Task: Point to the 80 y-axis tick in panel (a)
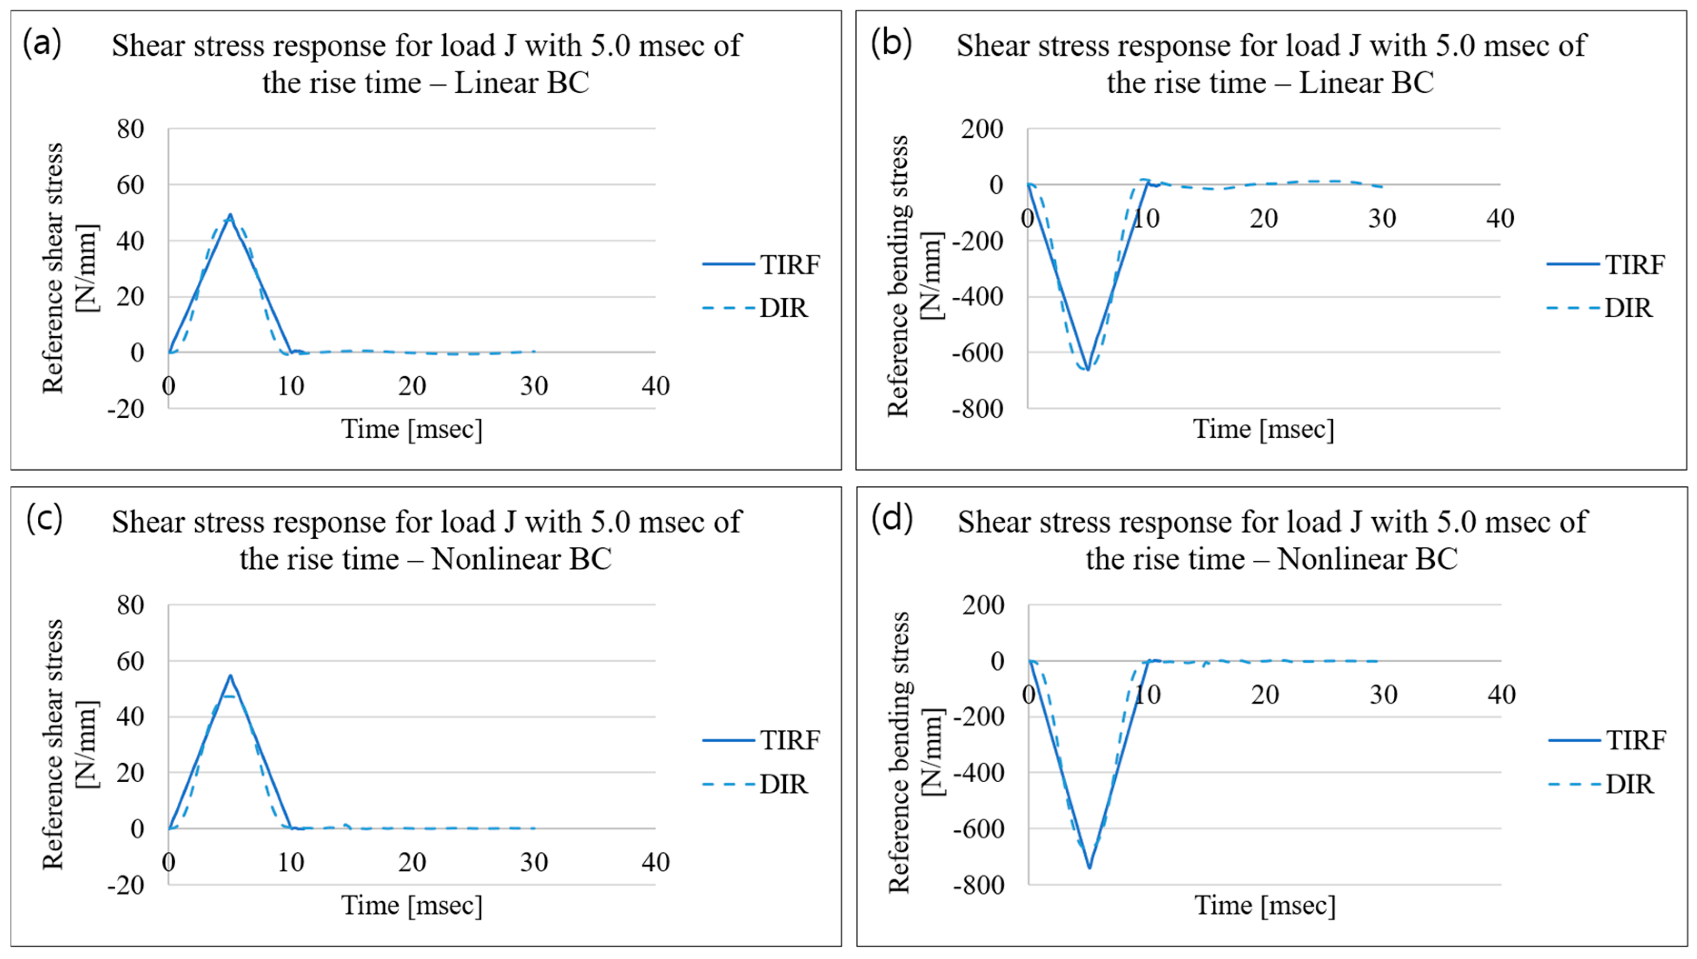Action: point(130,129)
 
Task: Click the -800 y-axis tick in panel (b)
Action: point(978,409)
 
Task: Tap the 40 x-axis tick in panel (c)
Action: point(655,862)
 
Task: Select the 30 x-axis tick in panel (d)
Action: point(1383,694)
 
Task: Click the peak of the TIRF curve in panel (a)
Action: point(230,215)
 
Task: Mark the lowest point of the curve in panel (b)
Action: point(1087,370)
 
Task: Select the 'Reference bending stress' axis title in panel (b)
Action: point(898,277)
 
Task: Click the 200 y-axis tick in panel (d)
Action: point(983,605)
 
